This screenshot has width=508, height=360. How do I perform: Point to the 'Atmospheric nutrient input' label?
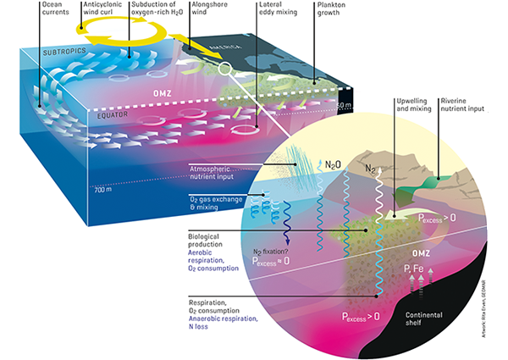pos(215,173)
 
